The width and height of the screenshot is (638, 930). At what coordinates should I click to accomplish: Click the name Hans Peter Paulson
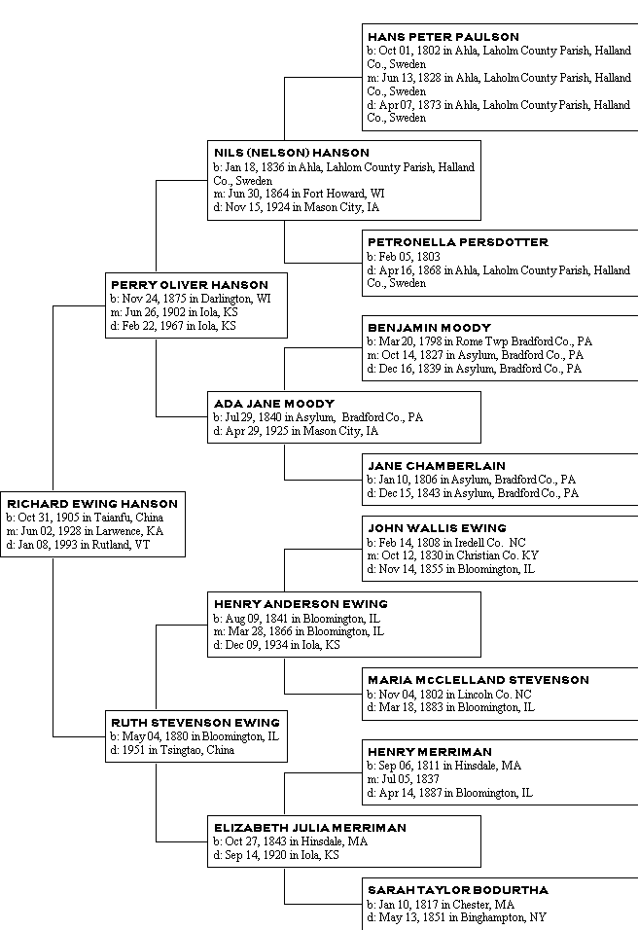pos(443,37)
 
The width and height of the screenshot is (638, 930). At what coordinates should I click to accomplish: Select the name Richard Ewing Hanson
pos(91,504)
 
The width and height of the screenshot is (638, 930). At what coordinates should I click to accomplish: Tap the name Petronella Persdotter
pos(457,242)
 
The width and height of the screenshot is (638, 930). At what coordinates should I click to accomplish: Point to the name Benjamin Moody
pos(429,328)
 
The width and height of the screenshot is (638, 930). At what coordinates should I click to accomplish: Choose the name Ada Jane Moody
pos(274,404)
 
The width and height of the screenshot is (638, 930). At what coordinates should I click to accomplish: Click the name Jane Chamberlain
pos(436,466)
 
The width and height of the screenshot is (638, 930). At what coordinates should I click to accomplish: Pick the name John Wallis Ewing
pos(437,528)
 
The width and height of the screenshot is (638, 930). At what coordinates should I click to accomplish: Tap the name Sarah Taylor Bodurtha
pos(457,890)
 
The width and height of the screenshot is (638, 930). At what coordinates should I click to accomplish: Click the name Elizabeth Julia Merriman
pos(310,828)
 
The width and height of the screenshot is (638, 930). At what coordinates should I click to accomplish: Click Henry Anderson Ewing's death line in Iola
pos(276,645)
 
